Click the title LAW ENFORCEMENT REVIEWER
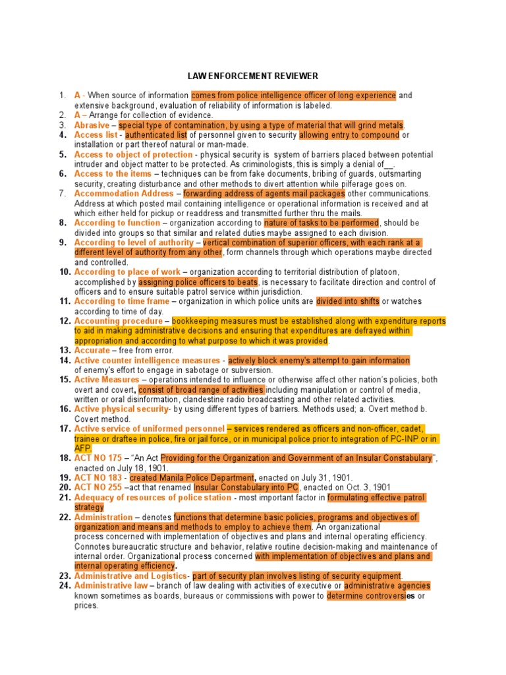[x=253, y=76]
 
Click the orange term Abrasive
[x=92, y=125]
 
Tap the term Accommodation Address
[x=124, y=194]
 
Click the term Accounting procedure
[x=118, y=321]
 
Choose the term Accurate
[x=91, y=351]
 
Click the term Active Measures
[x=107, y=380]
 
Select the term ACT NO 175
[x=98, y=458]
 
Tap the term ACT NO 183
[x=98, y=477]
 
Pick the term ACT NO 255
[x=98, y=487]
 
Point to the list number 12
[x=65, y=321]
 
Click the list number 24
[x=65, y=585]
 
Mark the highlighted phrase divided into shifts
[x=347, y=301]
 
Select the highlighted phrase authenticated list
[x=152, y=135]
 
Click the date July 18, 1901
[x=128, y=467]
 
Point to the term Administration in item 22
[x=103, y=517]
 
